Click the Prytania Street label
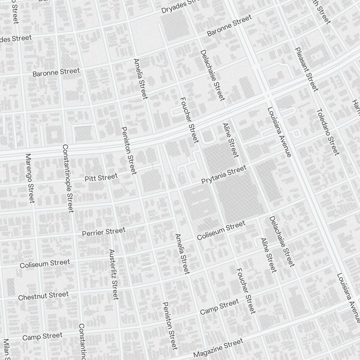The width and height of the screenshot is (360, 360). (x=224, y=175)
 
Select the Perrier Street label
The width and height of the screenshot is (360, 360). (x=104, y=232)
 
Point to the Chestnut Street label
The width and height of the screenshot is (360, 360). (x=43, y=296)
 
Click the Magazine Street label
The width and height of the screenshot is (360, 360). (x=218, y=348)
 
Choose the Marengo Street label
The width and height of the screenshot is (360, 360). (x=30, y=178)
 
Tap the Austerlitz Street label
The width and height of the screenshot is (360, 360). (x=113, y=274)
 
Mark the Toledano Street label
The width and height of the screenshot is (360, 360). (x=328, y=132)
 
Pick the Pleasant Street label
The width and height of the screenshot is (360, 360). (x=306, y=69)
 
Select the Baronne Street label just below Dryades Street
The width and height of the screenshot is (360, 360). (x=229, y=26)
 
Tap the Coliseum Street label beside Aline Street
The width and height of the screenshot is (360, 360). (x=221, y=231)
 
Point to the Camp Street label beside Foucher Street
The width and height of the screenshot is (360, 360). (x=219, y=306)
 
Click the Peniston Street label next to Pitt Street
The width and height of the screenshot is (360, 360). (x=129, y=150)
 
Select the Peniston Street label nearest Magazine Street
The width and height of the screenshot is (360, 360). (x=170, y=325)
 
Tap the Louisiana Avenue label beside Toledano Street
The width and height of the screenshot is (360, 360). (x=279, y=132)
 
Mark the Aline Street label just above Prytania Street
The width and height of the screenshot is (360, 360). (x=230, y=140)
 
